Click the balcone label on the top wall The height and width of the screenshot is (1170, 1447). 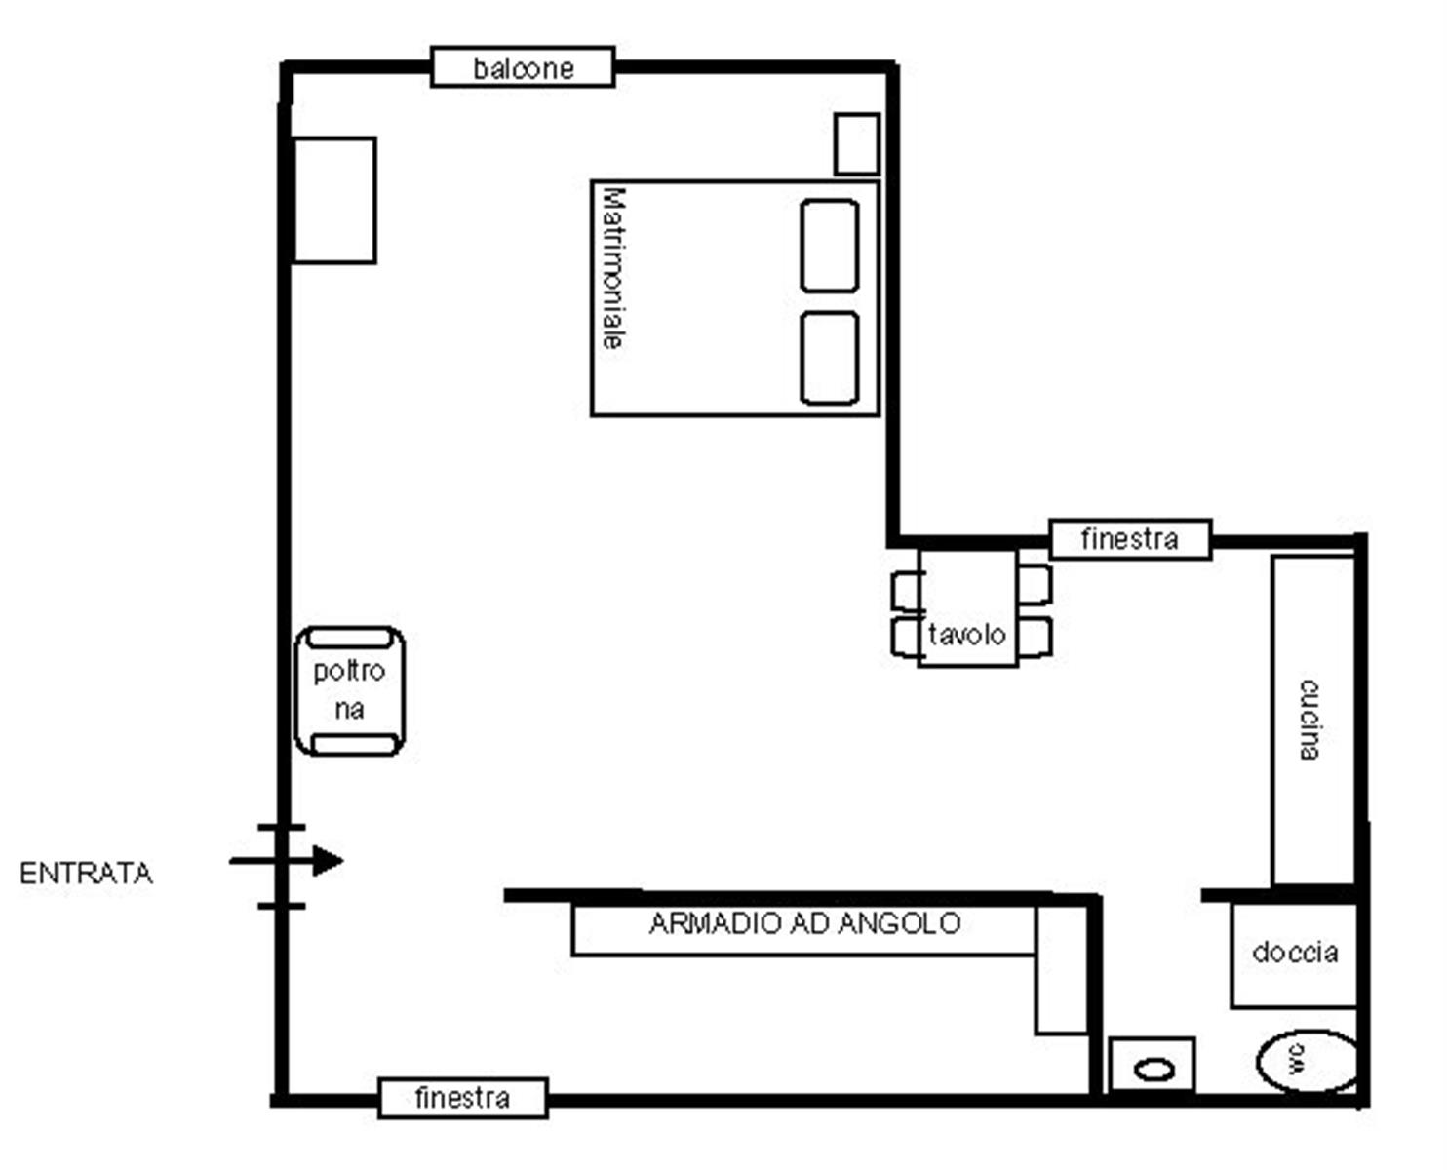(523, 67)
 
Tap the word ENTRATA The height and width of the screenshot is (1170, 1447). (86, 874)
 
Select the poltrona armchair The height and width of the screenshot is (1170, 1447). (350, 690)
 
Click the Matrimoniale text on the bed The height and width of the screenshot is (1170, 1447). (614, 269)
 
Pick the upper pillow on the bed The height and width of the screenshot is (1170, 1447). (829, 246)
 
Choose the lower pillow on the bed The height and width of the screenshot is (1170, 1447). (829, 358)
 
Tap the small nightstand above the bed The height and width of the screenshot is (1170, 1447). (857, 144)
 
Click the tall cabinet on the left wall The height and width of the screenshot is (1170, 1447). (334, 200)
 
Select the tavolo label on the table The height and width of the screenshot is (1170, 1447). (966, 635)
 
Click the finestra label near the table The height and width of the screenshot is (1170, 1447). (1129, 539)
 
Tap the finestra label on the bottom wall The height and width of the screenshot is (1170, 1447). (462, 1098)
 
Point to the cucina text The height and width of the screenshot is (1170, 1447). (1310, 720)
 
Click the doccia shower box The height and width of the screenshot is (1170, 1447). (1294, 955)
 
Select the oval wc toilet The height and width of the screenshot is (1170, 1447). (1308, 1061)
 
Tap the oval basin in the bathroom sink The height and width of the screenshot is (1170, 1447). (1154, 1071)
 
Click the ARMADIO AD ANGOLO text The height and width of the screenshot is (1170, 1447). (804, 923)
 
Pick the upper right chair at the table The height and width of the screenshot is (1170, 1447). (1035, 585)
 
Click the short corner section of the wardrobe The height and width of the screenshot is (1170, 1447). (1062, 971)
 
